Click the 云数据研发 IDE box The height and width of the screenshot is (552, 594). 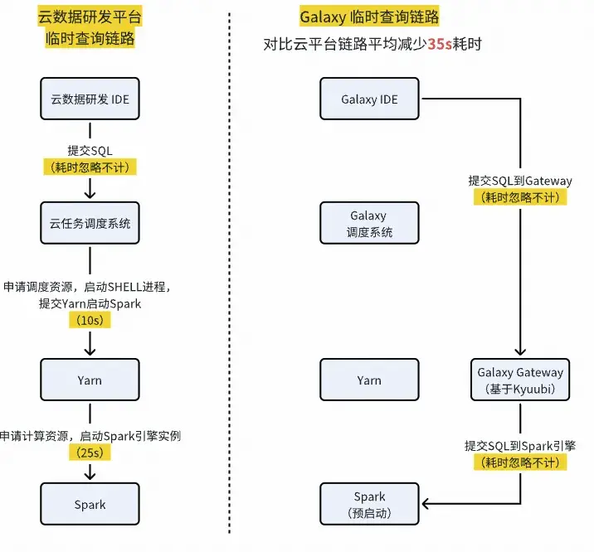pyautogui.click(x=90, y=100)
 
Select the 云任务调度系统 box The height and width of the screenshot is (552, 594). pyautogui.click(x=90, y=225)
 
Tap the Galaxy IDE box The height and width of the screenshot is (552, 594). pyautogui.click(x=369, y=100)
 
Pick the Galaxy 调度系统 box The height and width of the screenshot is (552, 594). pyautogui.click(x=369, y=225)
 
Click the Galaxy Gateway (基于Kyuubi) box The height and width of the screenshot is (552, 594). pyautogui.click(x=520, y=380)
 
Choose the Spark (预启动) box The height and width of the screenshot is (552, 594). pyautogui.click(x=369, y=505)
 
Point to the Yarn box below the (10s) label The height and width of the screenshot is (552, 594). pyautogui.click(x=90, y=380)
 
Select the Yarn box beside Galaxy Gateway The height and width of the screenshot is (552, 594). pyautogui.click(x=369, y=380)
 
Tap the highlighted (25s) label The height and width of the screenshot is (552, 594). pyautogui.click(x=89, y=453)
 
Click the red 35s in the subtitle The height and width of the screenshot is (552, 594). pyautogui.click(x=438, y=44)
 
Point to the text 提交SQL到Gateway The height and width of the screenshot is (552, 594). pyautogui.click(x=520, y=181)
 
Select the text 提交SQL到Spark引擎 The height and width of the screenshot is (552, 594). pyautogui.click(x=520, y=446)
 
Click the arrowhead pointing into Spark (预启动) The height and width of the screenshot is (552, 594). pyautogui.click(x=427, y=503)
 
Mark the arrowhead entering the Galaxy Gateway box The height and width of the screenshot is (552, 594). pyautogui.click(x=520, y=351)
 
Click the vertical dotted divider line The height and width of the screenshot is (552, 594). pyautogui.click(x=228, y=274)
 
